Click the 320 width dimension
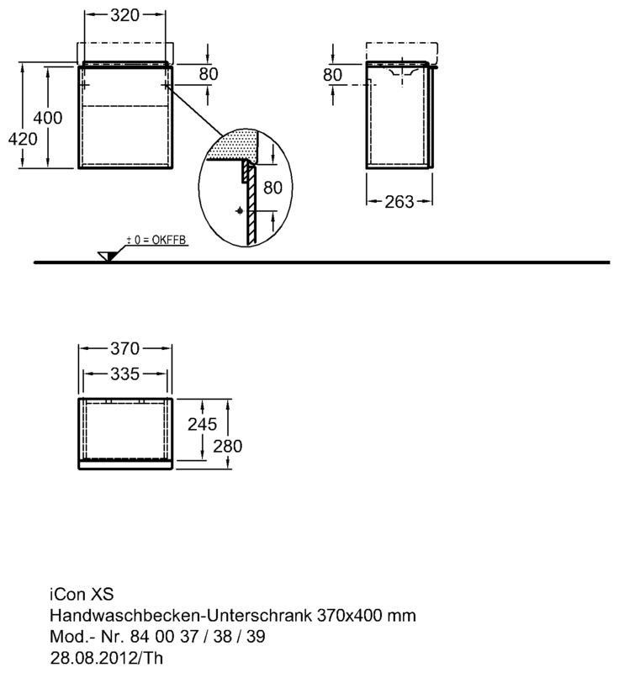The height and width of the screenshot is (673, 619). pyautogui.click(x=124, y=15)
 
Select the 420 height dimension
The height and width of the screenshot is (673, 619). pyautogui.click(x=23, y=139)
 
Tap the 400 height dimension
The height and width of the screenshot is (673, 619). pyautogui.click(x=48, y=118)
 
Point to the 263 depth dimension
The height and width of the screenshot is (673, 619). pyautogui.click(x=399, y=202)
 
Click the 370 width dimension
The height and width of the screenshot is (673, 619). pyautogui.click(x=124, y=348)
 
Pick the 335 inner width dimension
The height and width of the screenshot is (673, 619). pyautogui.click(x=124, y=374)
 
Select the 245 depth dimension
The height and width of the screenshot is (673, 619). pyautogui.click(x=202, y=425)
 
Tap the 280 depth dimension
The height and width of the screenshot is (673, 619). pyautogui.click(x=228, y=447)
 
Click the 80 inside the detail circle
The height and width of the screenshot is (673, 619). pyautogui.click(x=272, y=188)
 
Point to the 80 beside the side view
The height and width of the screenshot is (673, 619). pyautogui.click(x=332, y=75)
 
